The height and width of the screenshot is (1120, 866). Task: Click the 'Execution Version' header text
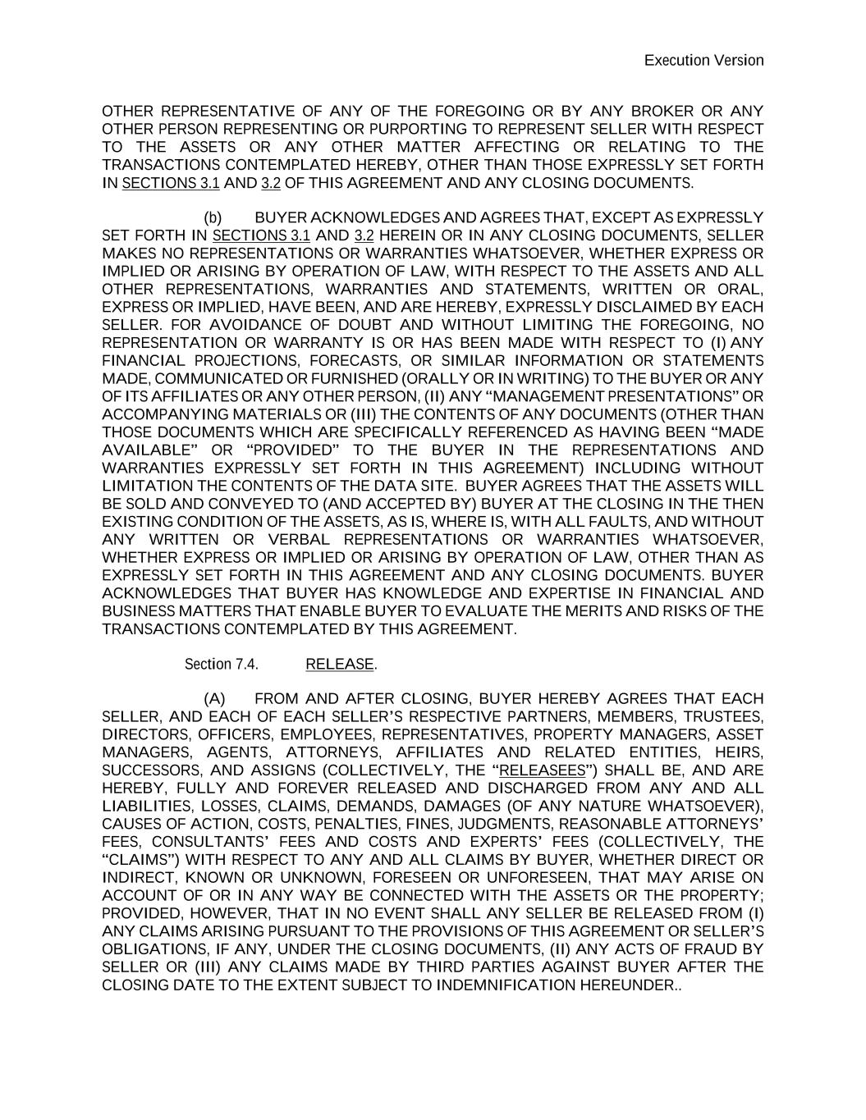click(x=703, y=60)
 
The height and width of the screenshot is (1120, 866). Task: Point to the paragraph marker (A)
click(x=214, y=698)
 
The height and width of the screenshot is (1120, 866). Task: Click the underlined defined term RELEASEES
click(x=543, y=770)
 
